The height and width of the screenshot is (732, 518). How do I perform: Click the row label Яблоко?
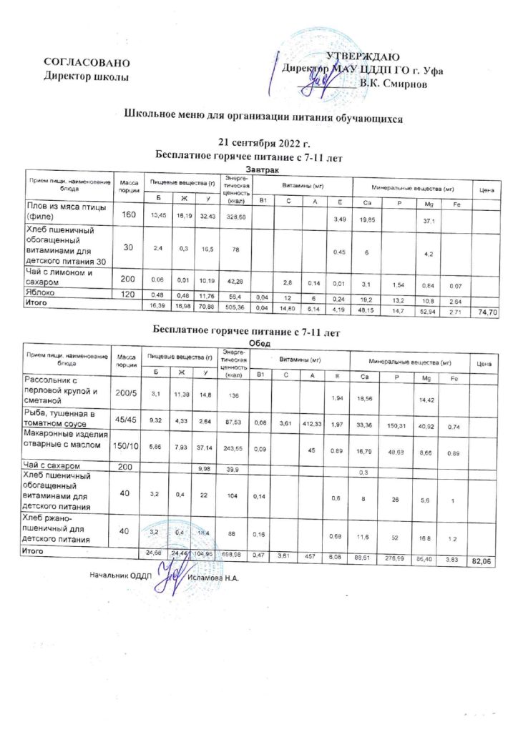[44, 292]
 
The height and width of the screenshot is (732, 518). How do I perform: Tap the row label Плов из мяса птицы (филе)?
[65, 211]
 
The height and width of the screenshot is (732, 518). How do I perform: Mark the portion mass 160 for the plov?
[129, 214]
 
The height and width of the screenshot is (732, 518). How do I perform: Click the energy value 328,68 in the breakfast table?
[235, 215]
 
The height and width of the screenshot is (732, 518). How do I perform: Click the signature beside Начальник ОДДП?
[167, 573]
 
